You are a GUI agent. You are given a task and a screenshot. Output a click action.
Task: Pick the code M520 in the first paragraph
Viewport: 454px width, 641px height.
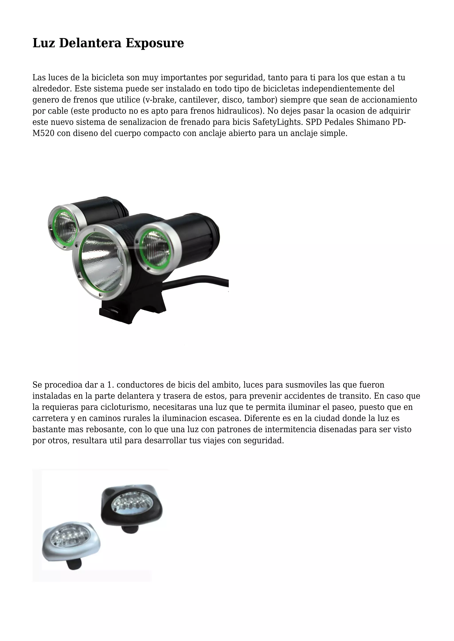(x=43, y=133)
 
